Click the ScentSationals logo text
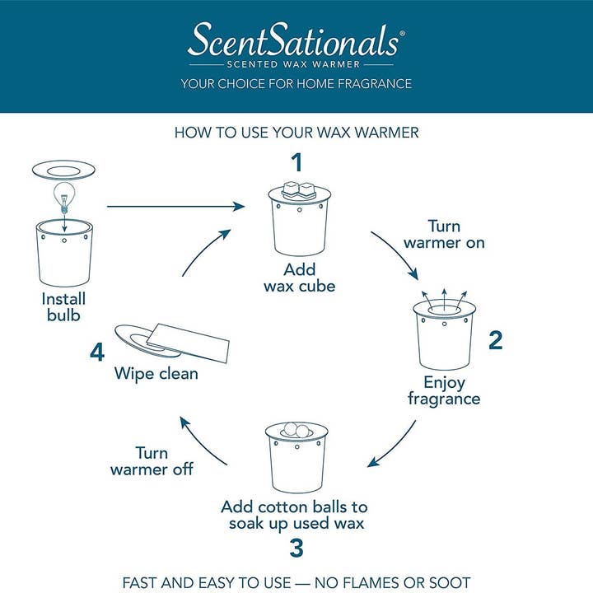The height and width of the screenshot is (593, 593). (x=296, y=39)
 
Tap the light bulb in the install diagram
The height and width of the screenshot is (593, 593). (x=63, y=196)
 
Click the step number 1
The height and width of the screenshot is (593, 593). (x=297, y=161)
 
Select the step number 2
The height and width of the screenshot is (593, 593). (x=495, y=339)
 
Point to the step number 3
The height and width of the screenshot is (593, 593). (x=296, y=548)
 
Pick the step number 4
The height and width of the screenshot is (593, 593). (x=98, y=353)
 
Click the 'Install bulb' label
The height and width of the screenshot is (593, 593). (x=63, y=306)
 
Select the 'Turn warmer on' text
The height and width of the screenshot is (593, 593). (x=444, y=235)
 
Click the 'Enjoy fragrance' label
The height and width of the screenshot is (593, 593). (x=444, y=390)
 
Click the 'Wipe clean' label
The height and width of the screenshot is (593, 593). (x=156, y=373)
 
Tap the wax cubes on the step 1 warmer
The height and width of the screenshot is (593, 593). (x=299, y=189)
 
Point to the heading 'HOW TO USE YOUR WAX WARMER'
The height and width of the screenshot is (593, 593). (x=296, y=133)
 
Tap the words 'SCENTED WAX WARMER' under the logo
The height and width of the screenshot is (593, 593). (x=296, y=63)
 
